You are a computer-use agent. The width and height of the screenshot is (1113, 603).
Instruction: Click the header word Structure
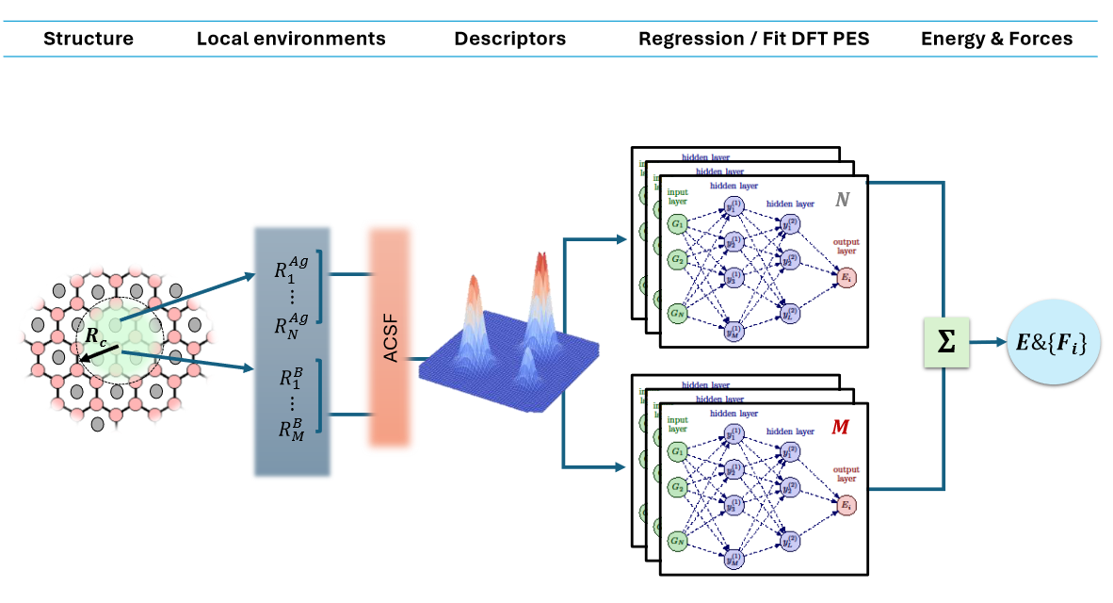click(x=89, y=39)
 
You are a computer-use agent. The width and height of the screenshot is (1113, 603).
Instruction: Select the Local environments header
click(x=291, y=39)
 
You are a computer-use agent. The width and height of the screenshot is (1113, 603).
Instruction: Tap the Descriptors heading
click(x=509, y=39)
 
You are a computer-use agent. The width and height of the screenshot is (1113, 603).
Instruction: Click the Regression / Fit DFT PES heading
click(x=754, y=39)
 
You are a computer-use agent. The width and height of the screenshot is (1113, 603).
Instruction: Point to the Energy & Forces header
click(x=996, y=39)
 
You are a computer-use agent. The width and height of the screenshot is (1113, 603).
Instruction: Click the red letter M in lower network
click(x=840, y=427)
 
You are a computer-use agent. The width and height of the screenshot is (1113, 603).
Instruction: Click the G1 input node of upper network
click(x=677, y=224)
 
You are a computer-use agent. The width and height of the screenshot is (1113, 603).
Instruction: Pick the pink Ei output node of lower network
click(x=846, y=506)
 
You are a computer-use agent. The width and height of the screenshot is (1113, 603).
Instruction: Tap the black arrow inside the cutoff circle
click(x=101, y=353)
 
